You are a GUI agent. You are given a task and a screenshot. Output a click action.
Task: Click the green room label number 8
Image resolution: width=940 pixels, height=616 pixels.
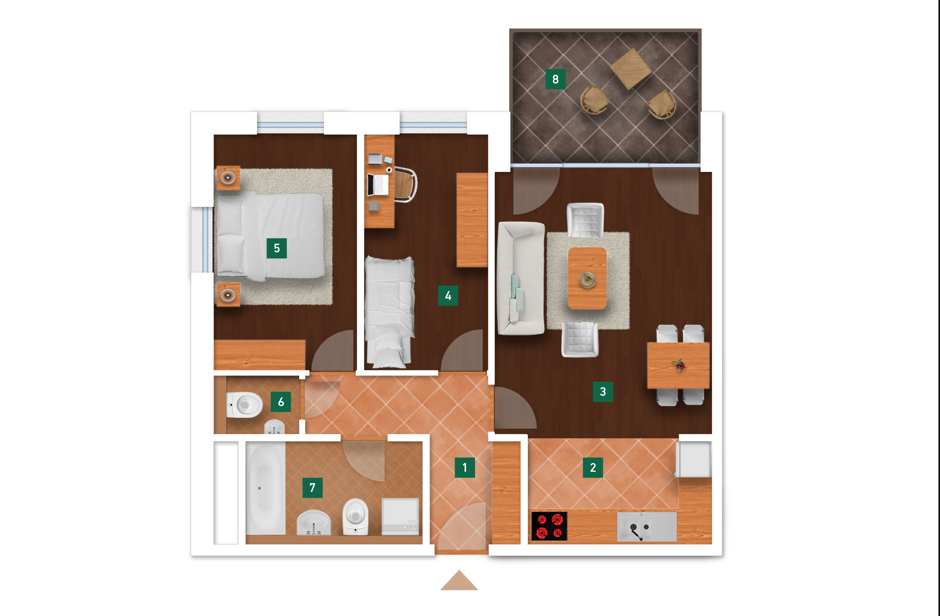pyautogui.click(x=555, y=79)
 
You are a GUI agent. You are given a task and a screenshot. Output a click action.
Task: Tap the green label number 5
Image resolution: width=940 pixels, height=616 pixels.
pyautogui.click(x=276, y=248)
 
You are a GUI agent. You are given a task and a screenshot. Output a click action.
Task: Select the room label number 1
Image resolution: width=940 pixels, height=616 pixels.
pyautogui.click(x=465, y=468)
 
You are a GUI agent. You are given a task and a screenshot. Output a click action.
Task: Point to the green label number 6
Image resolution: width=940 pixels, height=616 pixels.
pyautogui.click(x=281, y=402)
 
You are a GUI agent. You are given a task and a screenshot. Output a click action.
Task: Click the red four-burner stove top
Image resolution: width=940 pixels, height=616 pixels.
pyautogui.click(x=549, y=526)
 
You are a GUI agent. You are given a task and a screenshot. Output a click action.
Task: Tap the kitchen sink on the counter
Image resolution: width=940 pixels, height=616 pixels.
pyautogui.click(x=647, y=527)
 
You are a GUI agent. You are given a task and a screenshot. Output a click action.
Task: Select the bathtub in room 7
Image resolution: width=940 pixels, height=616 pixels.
pyautogui.click(x=265, y=489)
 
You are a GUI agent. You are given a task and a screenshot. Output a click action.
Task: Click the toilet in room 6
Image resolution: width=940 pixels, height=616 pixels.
pyautogui.click(x=244, y=405)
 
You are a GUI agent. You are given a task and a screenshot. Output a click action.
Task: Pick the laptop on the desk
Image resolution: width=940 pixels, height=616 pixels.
pyautogui.click(x=378, y=184)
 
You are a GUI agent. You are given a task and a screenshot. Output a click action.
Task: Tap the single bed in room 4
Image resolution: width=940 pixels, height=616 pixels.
pyautogui.click(x=389, y=312)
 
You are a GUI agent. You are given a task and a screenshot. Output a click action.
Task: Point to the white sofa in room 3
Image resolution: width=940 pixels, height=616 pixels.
pyautogui.click(x=521, y=278)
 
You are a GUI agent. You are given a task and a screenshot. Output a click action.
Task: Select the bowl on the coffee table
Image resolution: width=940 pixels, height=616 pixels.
pyautogui.click(x=587, y=280)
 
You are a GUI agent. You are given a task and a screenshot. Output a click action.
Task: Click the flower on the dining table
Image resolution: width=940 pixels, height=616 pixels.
pyautogui.click(x=679, y=366)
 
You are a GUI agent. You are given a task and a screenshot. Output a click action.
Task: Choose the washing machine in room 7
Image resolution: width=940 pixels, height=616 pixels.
pyautogui.click(x=400, y=517)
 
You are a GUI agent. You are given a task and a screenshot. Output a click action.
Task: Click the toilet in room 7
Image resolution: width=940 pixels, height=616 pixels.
pyautogui.click(x=355, y=516)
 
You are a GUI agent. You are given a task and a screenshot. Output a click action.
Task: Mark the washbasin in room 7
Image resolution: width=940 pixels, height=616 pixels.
pyautogui.click(x=314, y=523)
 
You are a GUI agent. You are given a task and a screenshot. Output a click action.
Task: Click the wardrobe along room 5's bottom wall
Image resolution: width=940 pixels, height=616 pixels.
pyautogui.click(x=259, y=354)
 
